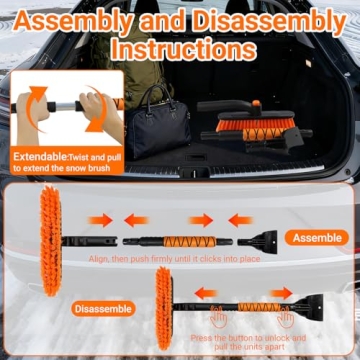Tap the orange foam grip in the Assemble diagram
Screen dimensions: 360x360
(x=186, y=241)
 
